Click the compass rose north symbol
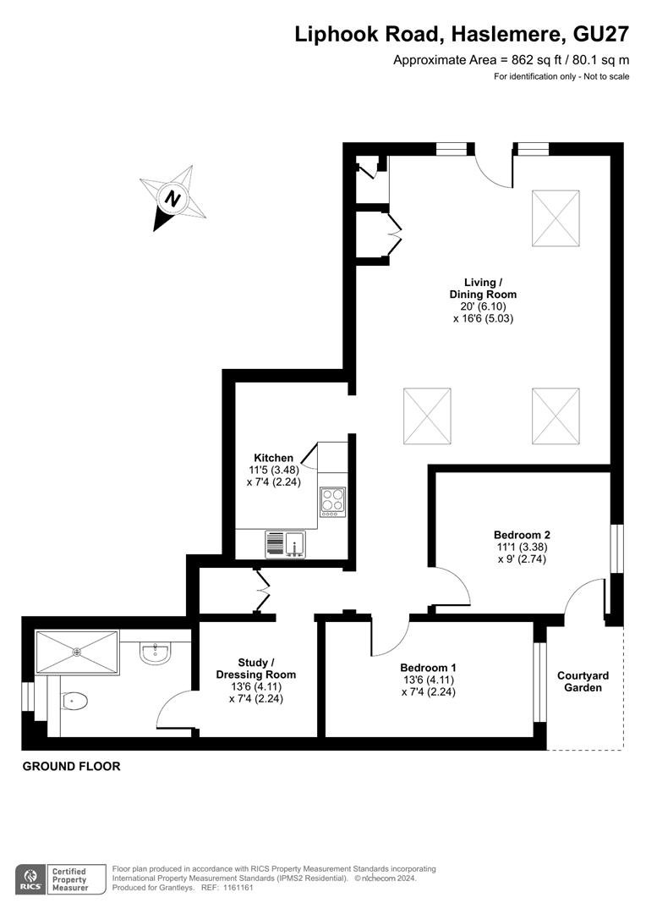pos(173,198)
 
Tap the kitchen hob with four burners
pos(332,501)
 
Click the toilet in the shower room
pos(74,700)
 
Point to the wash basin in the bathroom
pos(155,652)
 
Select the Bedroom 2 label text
pos(522,535)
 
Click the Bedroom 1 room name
pos(428,668)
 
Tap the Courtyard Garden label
pos(583,681)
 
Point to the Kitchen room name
pos(273,458)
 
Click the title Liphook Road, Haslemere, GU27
pos(462,34)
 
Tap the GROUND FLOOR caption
pos(72,766)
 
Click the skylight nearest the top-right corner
pos(556,218)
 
